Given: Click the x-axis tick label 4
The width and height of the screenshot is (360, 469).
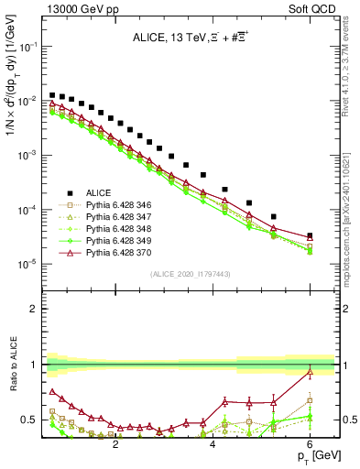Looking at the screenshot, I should coord(213,442).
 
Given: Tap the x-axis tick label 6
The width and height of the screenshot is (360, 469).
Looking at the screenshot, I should coord(310,442).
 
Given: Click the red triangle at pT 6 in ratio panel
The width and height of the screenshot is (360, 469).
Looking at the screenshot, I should coord(310,372).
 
